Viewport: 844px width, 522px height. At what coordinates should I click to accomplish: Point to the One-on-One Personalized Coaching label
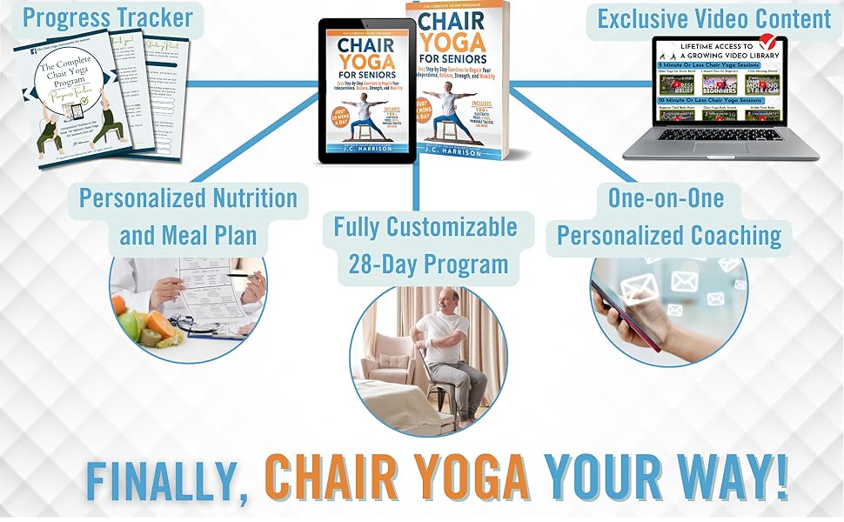click(668, 217)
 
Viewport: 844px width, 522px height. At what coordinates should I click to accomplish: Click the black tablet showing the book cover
click(366, 91)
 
